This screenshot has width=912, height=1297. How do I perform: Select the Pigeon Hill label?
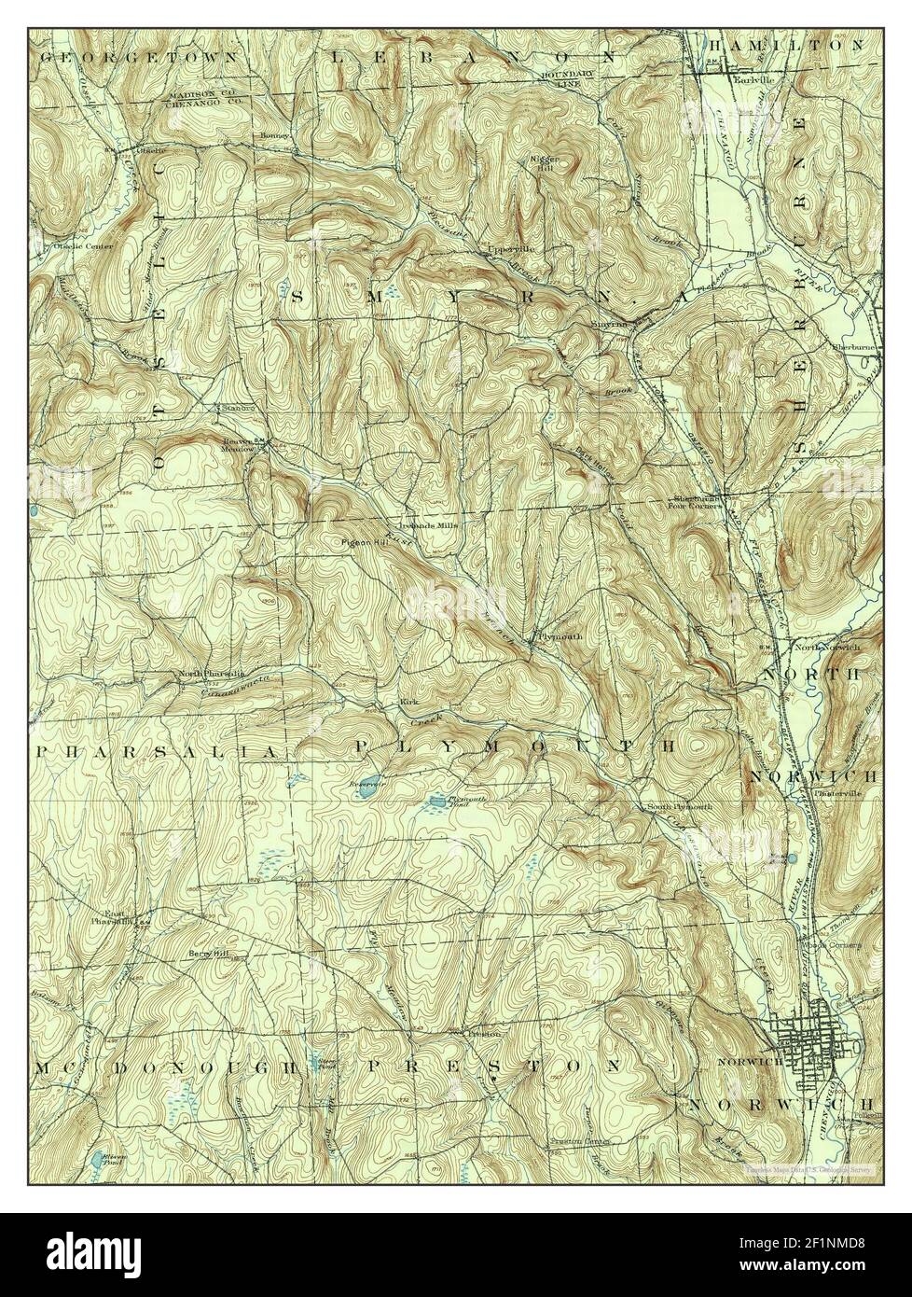366,542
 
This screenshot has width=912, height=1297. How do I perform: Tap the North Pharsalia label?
211,672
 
